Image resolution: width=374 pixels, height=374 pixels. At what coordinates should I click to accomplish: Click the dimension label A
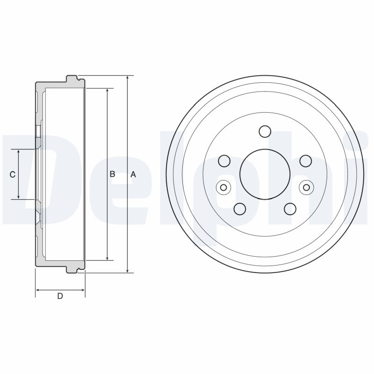click(133, 174)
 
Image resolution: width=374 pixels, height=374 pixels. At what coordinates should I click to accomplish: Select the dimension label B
click(112, 174)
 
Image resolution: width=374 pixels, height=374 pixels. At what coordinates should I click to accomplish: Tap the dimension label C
click(13, 174)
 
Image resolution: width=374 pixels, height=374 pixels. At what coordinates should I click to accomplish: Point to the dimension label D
click(60, 295)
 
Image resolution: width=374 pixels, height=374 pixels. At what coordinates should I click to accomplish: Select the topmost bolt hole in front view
click(265, 131)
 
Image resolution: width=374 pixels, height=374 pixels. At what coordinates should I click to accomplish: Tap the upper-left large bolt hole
click(224, 161)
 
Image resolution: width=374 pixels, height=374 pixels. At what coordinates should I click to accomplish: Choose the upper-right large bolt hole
click(305, 161)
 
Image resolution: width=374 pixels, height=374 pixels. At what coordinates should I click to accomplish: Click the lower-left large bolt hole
click(240, 209)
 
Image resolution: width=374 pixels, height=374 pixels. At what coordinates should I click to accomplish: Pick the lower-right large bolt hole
click(290, 209)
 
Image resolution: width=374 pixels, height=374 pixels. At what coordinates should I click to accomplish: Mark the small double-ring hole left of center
click(223, 187)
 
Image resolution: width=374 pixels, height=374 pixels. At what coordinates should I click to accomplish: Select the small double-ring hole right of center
click(306, 187)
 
